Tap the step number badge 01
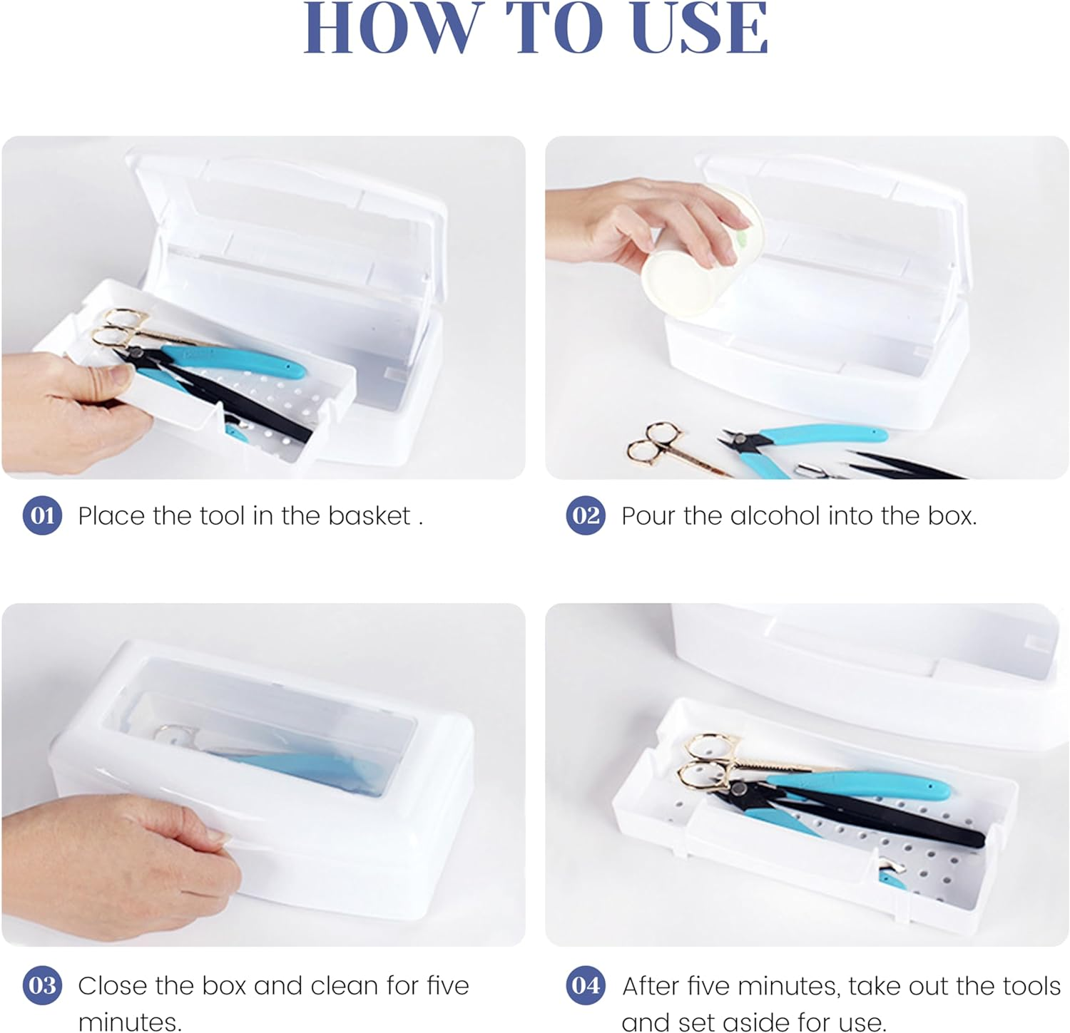point(42,515)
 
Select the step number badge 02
point(586,515)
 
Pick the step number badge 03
point(42,985)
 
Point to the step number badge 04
point(586,985)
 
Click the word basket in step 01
point(369,515)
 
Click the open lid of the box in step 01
point(285,214)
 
